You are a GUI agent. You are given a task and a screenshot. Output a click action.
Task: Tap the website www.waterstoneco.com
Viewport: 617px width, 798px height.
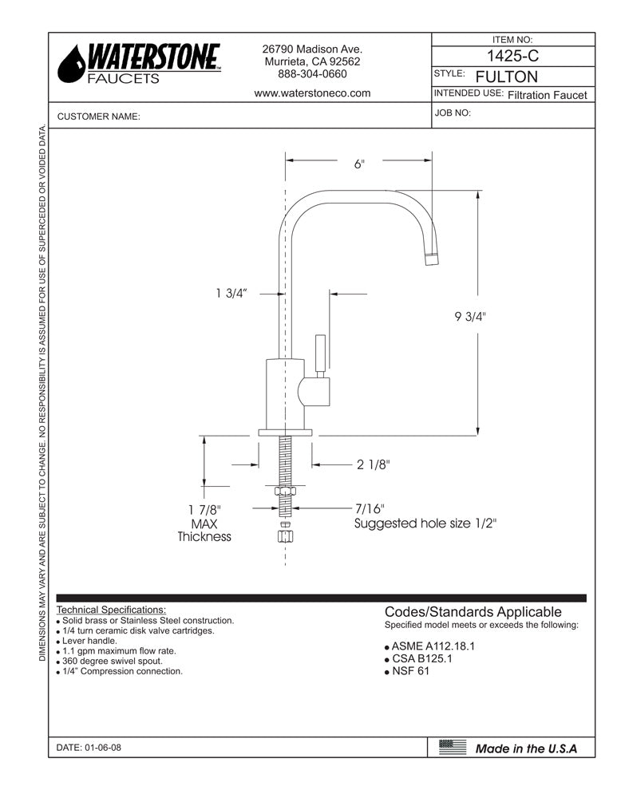click(312, 93)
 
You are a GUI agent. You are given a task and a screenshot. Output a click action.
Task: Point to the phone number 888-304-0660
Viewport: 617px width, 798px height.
click(312, 74)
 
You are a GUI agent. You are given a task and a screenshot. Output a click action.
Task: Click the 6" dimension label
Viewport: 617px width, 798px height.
click(359, 164)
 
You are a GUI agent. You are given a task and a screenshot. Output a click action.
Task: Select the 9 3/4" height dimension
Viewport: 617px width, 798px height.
click(470, 317)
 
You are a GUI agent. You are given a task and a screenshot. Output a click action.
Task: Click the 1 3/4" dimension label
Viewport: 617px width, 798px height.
click(231, 294)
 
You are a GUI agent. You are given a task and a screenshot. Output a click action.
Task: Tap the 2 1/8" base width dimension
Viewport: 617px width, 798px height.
click(373, 465)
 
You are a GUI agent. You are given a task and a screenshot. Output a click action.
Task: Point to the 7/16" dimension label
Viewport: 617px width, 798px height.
click(370, 508)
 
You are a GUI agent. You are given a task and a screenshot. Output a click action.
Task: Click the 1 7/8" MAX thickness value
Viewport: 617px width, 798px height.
click(204, 509)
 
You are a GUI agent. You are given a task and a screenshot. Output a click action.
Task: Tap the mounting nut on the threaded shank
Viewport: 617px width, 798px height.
click(286, 492)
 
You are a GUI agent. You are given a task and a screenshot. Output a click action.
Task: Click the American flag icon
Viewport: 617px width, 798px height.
click(453, 747)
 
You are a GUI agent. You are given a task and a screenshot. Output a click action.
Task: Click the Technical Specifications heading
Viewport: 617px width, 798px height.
click(112, 610)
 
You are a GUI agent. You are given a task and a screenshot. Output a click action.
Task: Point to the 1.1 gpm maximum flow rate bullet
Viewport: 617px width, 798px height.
click(119, 651)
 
